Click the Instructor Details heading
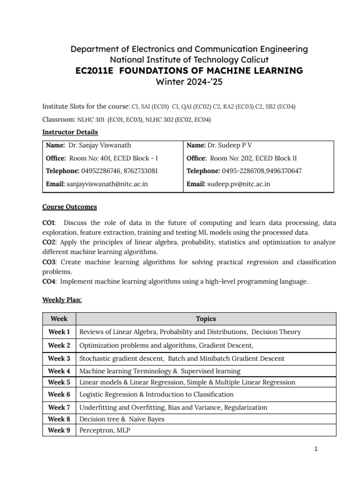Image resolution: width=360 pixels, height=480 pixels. tap(70, 132)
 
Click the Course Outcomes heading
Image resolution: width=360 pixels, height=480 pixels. tap(69, 207)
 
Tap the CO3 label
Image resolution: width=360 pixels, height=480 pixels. tap(49, 262)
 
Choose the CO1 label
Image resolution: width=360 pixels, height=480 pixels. tap(48, 223)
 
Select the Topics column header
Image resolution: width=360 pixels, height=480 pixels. tap(206, 319)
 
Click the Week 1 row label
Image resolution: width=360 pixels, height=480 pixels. tap(59, 332)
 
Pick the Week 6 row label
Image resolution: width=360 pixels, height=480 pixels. tap(59, 394)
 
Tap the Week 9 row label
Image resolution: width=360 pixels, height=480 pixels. tap(59, 430)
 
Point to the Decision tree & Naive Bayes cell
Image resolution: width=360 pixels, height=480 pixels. tap(122, 419)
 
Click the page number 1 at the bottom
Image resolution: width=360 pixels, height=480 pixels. tap(316, 450)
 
